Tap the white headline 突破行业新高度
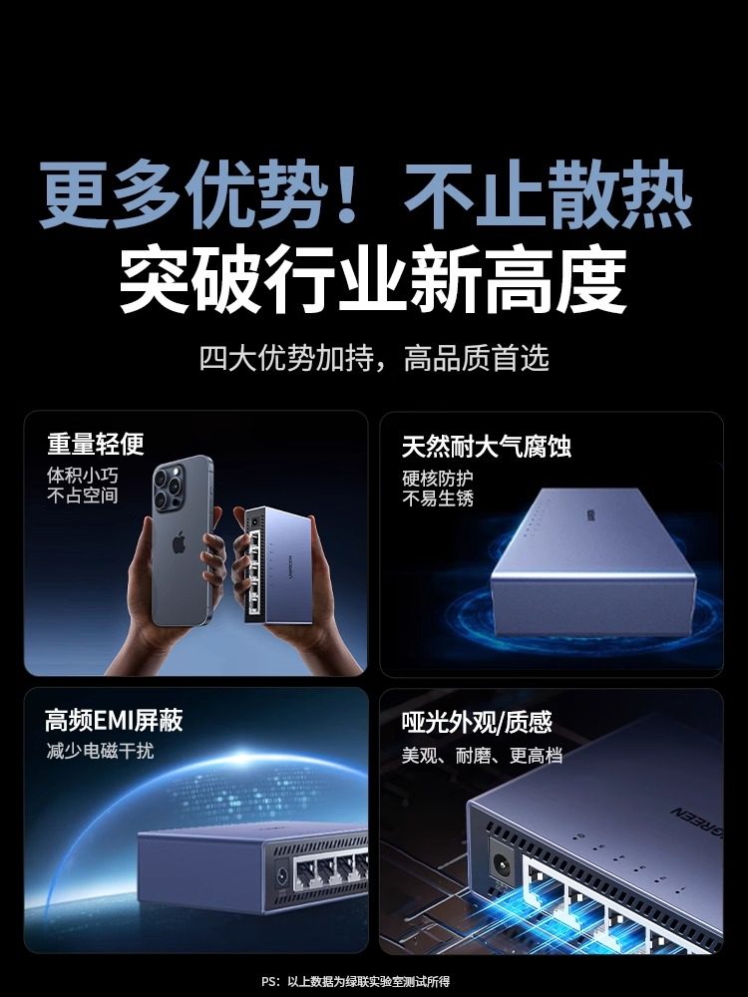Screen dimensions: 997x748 click(x=373, y=280)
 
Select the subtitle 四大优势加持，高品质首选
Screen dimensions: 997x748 click(x=374, y=358)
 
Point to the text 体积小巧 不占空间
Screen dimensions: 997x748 click(x=83, y=485)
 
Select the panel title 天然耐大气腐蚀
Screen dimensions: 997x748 click(x=486, y=445)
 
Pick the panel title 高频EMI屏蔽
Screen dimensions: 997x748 click(x=114, y=720)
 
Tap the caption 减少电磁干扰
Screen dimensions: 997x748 click(x=100, y=751)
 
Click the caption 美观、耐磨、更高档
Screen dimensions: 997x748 click(x=482, y=756)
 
